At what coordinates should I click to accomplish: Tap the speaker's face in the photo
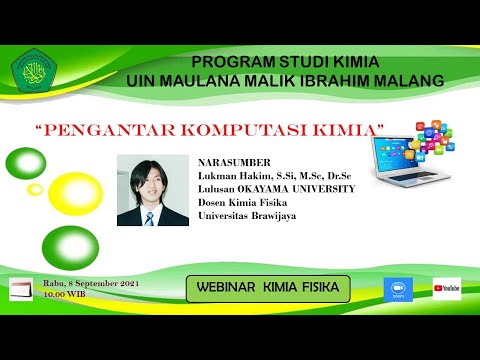point(149,180)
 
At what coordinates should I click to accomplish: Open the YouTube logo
point(446,289)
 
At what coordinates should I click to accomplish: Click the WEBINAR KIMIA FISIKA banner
point(268,288)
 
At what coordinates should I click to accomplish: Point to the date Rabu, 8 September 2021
point(89,283)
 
